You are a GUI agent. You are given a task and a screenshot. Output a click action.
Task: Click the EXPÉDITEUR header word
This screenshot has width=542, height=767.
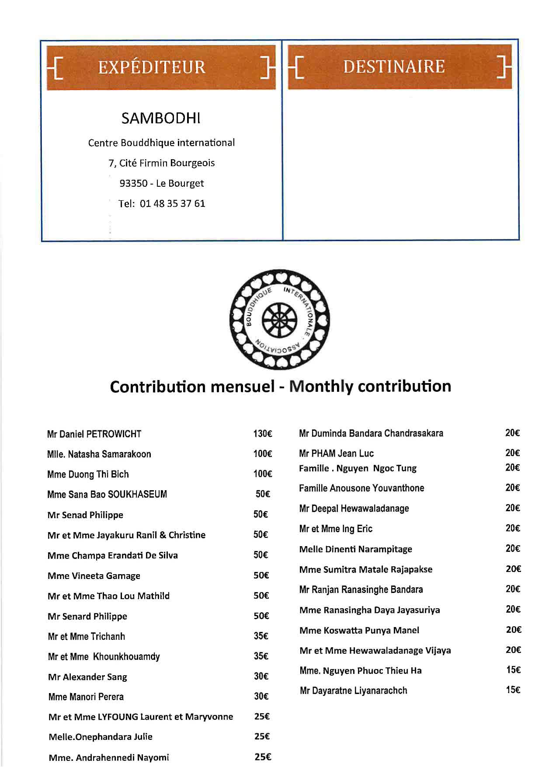click(x=152, y=67)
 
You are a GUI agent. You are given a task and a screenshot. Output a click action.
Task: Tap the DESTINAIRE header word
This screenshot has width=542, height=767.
click(x=394, y=67)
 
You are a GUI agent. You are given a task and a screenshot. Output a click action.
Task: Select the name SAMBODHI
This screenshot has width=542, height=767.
click(x=161, y=118)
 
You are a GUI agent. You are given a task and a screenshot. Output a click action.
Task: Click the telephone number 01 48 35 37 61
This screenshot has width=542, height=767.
click(x=172, y=204)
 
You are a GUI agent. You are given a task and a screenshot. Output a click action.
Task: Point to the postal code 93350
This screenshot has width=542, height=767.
click(x=133, y=184)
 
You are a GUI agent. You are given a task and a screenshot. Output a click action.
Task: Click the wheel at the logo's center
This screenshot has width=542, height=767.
click(x=279, y=319)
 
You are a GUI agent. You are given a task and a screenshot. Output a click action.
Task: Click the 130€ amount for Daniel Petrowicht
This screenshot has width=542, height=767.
click(x=263, y=434)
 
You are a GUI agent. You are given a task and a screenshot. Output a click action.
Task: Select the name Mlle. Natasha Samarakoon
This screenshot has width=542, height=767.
click(x=99, y=454)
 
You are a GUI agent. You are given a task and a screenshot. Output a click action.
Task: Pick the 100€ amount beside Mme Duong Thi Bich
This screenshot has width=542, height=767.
click(x=263, y=474)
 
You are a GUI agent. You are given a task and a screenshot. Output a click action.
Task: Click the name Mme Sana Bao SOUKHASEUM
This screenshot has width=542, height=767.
click(x=107, y=495)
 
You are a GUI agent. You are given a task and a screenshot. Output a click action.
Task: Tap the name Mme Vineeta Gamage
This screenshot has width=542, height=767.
click(x=94, y=576)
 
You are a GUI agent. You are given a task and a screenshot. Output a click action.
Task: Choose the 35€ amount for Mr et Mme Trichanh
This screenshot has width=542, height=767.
click(x=261, y=636)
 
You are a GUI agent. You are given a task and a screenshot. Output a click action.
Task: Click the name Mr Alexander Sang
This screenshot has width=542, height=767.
click(x=87, y=677)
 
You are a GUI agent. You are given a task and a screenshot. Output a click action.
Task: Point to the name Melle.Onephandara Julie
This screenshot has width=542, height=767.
click(x=101, y=737)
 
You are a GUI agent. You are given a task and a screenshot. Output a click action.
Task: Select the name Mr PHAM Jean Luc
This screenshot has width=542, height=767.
click(x=337, y=453)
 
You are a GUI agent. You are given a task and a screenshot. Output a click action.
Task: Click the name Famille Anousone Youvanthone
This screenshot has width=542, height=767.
click(x=361, y=488)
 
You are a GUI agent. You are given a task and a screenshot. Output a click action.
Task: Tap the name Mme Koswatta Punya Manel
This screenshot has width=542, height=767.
click(x=359, y=630)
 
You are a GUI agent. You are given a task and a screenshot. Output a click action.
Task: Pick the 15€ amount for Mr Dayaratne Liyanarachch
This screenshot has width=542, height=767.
click(x=513, y=690)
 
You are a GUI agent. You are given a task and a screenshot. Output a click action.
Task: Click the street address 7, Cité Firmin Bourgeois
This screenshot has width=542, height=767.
click(x=162, y=163)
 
